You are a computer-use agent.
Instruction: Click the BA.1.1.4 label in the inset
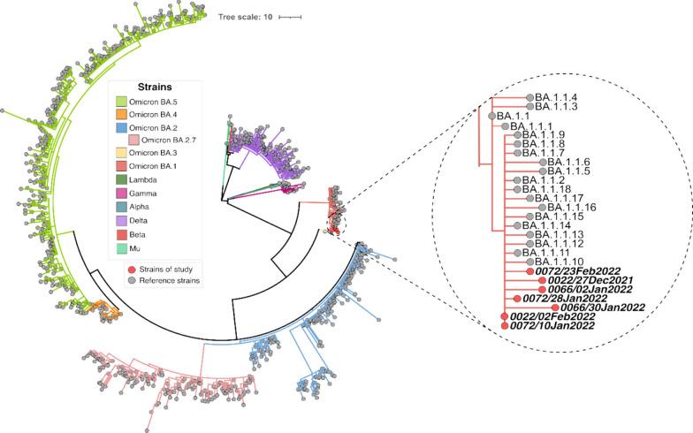pyautogui.click(x=556, y=97)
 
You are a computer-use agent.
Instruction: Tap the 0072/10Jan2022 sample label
pyautogui.click(x=555, y=326)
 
